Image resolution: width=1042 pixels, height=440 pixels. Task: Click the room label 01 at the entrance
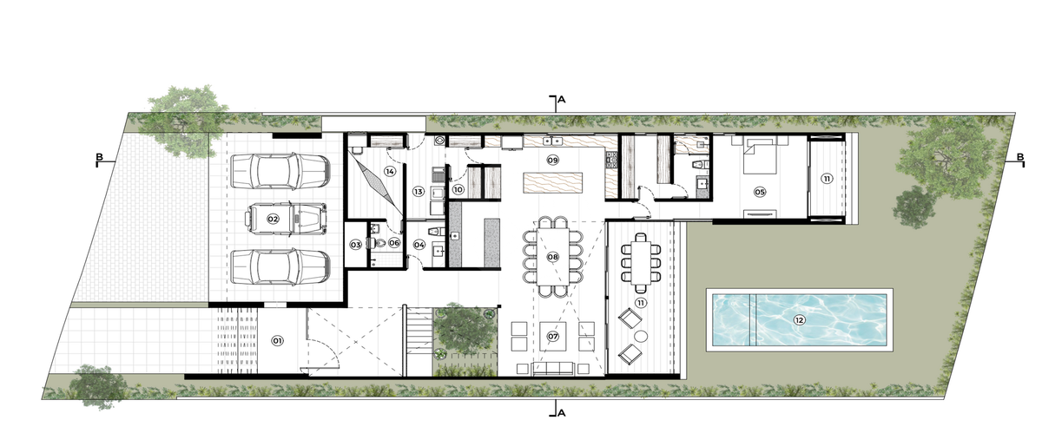point(277,341)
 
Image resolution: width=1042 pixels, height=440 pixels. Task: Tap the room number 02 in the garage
point(273,219)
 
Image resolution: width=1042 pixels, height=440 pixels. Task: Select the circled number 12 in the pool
point(800,320)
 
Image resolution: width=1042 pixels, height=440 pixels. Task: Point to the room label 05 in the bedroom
point(760,192)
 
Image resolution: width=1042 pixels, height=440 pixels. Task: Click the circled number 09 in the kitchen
point(552,160)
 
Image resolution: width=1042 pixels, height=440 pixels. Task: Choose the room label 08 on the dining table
point(552,257)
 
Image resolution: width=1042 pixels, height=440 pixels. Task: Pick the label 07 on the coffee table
point(552,336)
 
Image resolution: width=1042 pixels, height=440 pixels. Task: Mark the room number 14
point(390,172)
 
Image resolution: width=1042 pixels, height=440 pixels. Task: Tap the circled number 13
point(419,192)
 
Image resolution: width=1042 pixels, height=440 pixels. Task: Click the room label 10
point(458,190)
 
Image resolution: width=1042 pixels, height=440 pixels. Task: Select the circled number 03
point(356,245)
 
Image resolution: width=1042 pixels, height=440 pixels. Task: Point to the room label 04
point(419,245)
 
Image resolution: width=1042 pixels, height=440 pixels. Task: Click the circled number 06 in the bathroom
point(394,243)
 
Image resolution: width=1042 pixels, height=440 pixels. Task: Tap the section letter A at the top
point(562,100)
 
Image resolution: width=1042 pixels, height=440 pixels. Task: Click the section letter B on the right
point(1020,157)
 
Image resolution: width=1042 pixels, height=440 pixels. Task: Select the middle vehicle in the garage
point(286,218)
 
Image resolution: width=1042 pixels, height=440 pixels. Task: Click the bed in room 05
point(760,158)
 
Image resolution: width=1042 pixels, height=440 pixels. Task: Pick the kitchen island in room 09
point(552,182)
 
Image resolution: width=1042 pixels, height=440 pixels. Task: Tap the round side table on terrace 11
point(641,336)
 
